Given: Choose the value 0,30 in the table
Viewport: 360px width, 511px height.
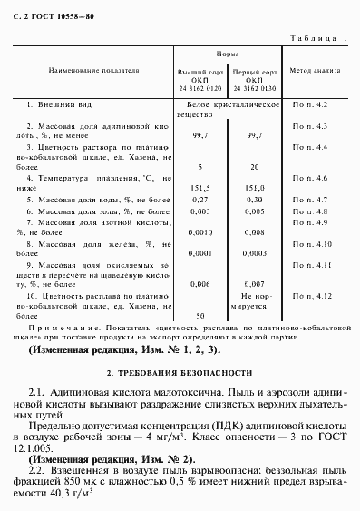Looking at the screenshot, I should point(255,199).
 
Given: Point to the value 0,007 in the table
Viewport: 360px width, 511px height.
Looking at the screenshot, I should point(255,284).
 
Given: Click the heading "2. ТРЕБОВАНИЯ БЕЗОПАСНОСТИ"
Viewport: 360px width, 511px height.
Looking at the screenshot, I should point(180,374).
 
